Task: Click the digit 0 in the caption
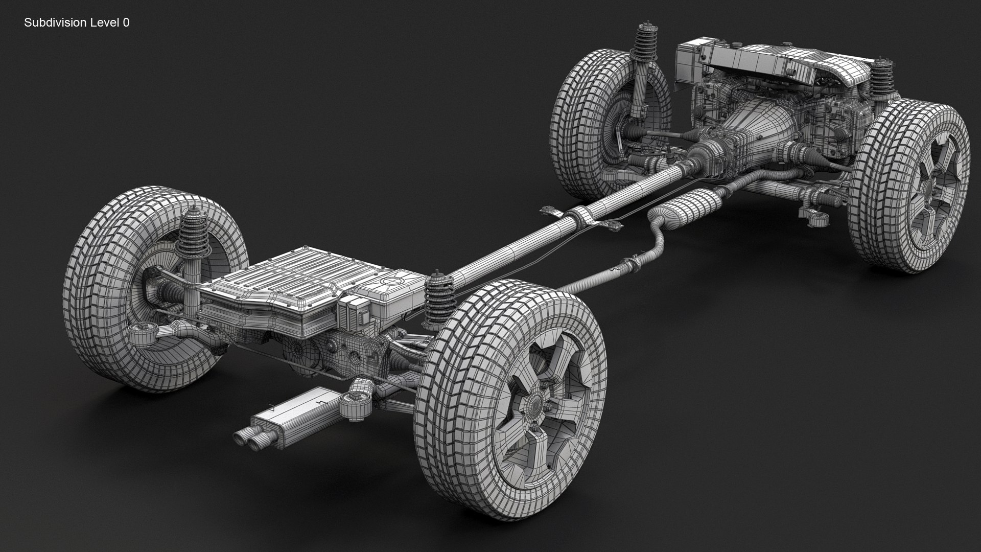point(126,22)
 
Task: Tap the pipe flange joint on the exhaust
point(630,264)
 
